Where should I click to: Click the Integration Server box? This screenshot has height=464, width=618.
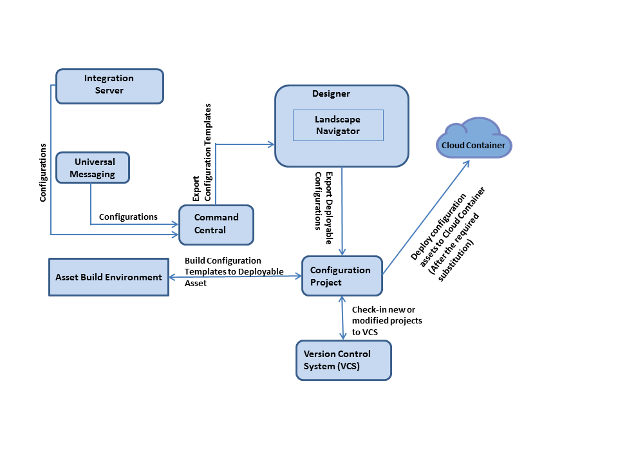pyautogui.click(x=109, y=86)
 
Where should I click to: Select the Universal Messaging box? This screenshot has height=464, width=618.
pyautogui.click(x=93, y=168)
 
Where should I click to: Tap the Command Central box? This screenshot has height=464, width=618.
pyautogui.click(x=216, y=224)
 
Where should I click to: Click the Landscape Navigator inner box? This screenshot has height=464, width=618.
pyautogui.click(x=338, y=125)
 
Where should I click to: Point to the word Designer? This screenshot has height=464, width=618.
pyautogui.click(x=331, y=93)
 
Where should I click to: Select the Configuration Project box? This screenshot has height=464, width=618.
pyautogui.click(x=342, y=276)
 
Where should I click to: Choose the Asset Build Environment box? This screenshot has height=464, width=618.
pyautogui.click(x=109, y=277)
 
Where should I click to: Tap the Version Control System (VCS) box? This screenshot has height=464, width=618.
pyautogui.click(x=343, y=360)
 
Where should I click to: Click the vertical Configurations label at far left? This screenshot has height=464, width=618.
pyautogui.click(x=43, y=173)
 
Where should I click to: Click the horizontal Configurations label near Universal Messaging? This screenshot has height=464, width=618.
pyautogui.click(x=128, y=217)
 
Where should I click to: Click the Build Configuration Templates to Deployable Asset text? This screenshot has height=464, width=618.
pyautogui.click(x=234, y=271)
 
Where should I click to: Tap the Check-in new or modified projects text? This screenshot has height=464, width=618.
pyautogui.click(x=387, y=321)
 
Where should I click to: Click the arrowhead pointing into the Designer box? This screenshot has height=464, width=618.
pyautogui.click(x=271, y=144)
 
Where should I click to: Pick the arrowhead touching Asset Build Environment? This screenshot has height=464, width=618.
pyautogui.click(x=172, y=276)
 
